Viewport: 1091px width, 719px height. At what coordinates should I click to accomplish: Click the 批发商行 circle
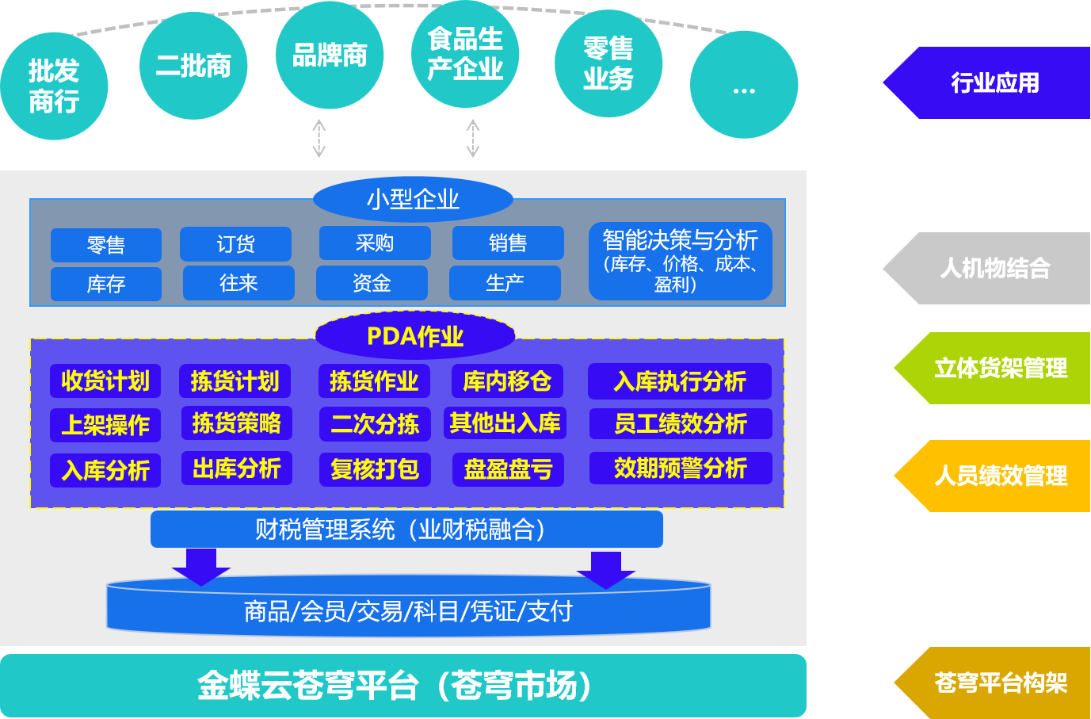click(x=54, y=86)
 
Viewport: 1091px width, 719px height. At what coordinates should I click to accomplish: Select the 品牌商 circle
click(x=330, y=55)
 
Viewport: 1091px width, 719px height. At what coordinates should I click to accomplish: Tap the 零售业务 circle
click(x=608, y=64)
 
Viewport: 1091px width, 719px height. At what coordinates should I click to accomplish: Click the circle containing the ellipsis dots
click(x=743, y=85)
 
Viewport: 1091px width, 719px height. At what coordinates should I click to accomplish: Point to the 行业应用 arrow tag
click(x=990, y=83)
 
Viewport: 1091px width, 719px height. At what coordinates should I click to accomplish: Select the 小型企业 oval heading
click(x=413, y=199)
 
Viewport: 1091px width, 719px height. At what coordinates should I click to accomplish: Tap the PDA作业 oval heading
click(x=415, y=336)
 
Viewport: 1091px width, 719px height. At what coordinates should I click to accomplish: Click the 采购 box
click(x=375, y=243)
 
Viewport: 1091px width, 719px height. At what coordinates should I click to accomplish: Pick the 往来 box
click(x=238, y=283)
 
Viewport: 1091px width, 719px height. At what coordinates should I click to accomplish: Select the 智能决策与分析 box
click(x=680, y=262)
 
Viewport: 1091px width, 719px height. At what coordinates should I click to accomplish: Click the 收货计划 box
click(x=105, y=381)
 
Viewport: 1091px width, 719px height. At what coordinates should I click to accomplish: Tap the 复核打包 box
click(x=375, y=469)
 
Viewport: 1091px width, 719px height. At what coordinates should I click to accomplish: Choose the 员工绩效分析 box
click(x=680, y=423)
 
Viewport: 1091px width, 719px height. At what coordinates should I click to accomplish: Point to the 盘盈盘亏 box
click(x=508, y=469)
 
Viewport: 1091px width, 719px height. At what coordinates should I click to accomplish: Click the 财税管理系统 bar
click(x=406, y=530)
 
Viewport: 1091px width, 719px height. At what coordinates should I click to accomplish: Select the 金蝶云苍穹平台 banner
click(x=402, y=686)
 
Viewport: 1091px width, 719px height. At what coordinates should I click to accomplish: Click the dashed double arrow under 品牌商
click(x=319, y=139)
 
